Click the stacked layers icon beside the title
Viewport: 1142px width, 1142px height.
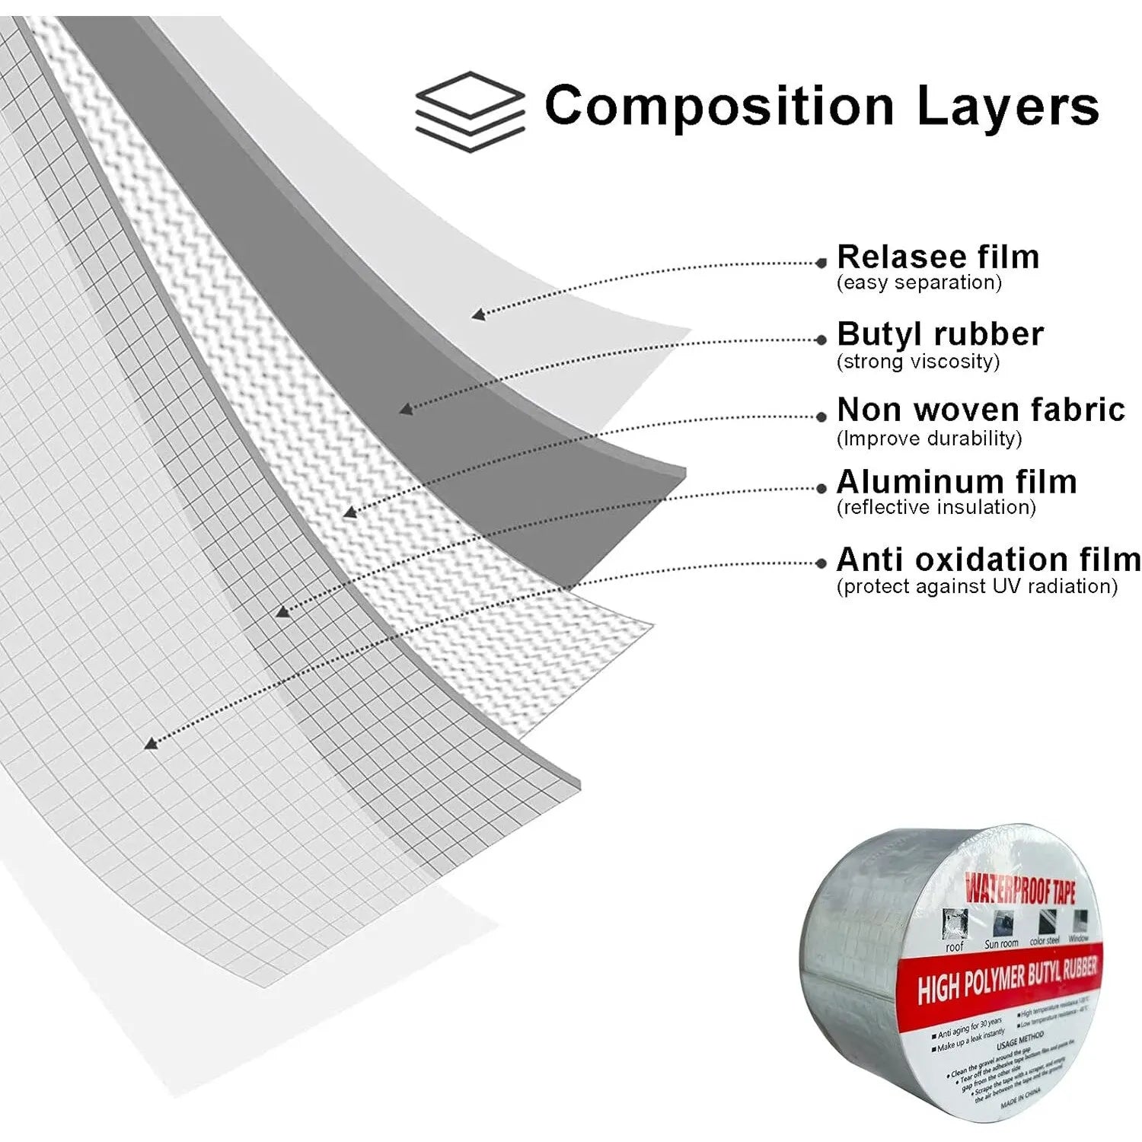pyautogui.click(x=470, y=110)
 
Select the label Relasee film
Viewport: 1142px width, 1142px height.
pyautogui.click(x=938, y=257)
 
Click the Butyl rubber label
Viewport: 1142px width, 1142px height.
pyautogui.click(x=940, y=334)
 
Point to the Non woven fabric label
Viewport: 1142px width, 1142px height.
pyautogui.click(x=981, y=410)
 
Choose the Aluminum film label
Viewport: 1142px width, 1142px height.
pyautogui.click(x=956, y=482)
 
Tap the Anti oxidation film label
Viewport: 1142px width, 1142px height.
pyautogui.click(x=988, y=560)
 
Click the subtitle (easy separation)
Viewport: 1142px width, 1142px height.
pyautogui.click(x=919, y=283)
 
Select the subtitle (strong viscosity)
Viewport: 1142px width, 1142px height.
pyautogui.click(x=917, y=361)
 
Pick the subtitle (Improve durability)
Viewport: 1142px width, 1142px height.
pyautogui.click(x=929, y=439)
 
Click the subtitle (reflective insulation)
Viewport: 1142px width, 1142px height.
pyautogui.click(x=936, y=508)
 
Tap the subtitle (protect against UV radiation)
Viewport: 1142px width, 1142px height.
pyautogui.click(x=977, y=586)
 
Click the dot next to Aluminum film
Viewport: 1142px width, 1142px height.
pyautogui.click(x=821, y=488)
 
